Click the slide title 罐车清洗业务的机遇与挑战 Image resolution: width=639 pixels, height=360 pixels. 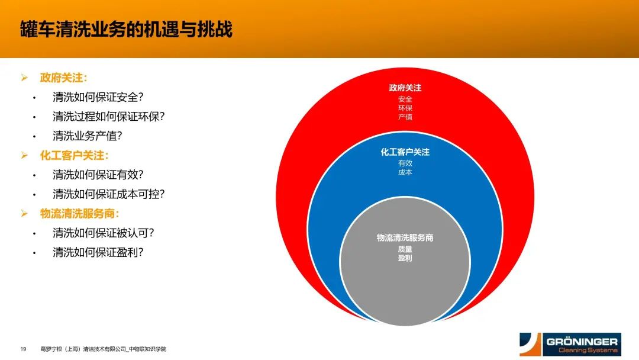[x=127, y=30]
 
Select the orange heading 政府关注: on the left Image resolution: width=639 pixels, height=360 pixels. [x=63, y=78]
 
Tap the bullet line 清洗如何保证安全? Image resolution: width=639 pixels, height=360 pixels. [x=98, y=97]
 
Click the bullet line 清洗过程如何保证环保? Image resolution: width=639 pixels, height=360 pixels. [x=109, y=117]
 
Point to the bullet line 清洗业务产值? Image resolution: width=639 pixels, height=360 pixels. [x=88, y=136]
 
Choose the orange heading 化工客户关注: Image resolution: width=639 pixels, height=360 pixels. [x=74, y=155]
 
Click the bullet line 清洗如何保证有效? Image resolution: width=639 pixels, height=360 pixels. [x=98, y=175]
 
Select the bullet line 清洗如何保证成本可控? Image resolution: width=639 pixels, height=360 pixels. [x=109, y=194]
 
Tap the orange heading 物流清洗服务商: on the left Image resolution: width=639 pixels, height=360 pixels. [x=79, y=213]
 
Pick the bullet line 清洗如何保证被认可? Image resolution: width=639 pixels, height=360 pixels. [x=104, y=233]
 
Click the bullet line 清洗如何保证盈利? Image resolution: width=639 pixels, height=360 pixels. [x=98, y=252]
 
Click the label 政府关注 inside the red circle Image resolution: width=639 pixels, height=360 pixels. [x=405, y=88]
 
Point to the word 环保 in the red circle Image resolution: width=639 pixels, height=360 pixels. [x=405, y=108]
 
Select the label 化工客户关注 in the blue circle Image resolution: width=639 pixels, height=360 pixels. [x=405, y=152]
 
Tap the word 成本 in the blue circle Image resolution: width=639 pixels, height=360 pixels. [x=405, y=172]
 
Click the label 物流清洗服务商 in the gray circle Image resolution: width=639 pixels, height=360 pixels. [x=405, y=237]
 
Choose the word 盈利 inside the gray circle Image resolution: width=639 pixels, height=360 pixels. [x=405, y=258]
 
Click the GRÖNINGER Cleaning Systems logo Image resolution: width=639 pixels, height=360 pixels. [x=570, y=345]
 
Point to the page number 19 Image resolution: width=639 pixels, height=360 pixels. [x=23, y=349]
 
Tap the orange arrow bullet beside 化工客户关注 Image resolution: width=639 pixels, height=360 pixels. [x=24, y=155]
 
